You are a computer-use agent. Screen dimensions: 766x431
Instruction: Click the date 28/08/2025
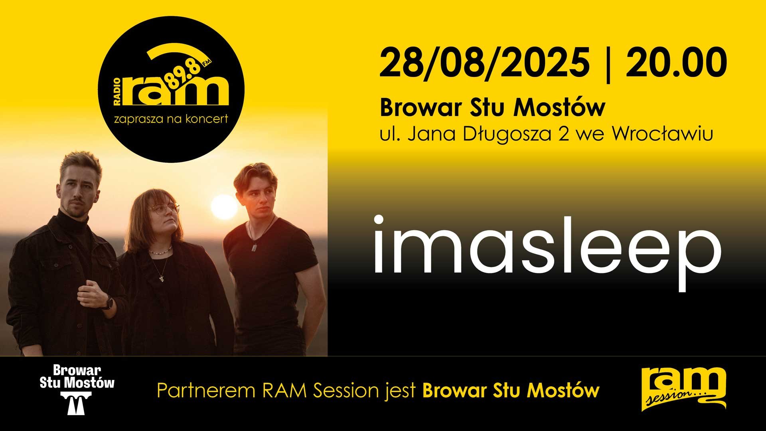(x=484, y=63)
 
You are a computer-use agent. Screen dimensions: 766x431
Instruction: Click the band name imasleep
(x=547, y=251)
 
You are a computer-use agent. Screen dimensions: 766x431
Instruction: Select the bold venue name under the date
(x=492, y=108)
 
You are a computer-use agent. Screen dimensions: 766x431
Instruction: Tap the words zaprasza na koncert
(x=171, y=119)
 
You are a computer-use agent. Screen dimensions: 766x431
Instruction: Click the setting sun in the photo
(x=224, y=207)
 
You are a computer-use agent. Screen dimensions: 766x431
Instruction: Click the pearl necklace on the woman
(x=160, y=251)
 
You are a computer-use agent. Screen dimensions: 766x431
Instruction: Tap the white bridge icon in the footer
(x=77, y=403)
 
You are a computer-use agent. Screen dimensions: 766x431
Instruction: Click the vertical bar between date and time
(x=608, y=64)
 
